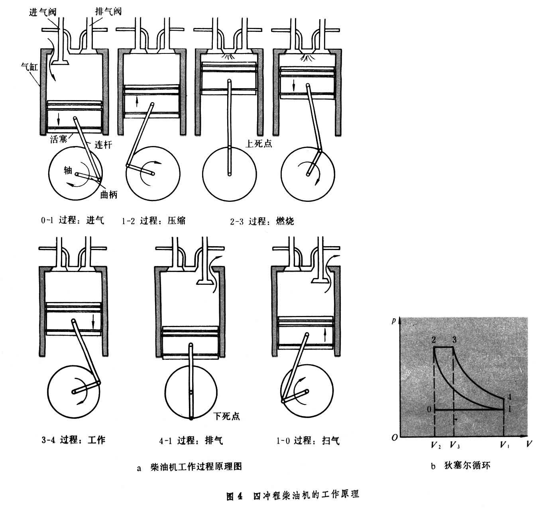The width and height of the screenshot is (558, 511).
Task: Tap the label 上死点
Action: [259, 143]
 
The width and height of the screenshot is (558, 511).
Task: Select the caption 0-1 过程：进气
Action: [72, 220]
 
